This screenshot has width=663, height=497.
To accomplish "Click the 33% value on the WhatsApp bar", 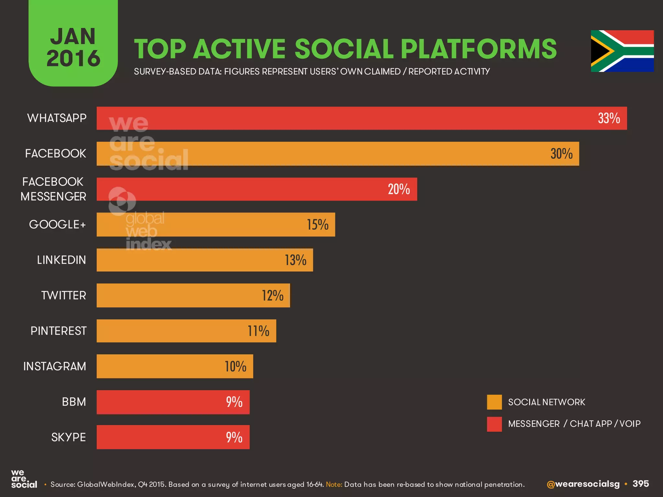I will [x=609, y=118].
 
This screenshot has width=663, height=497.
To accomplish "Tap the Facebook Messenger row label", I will [x=53, y=189].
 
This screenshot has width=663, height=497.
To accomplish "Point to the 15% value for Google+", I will [x=318, y=225].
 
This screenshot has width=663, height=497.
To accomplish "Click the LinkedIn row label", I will [x=62, y=260].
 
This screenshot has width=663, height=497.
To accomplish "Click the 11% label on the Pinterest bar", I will [x=258, y=331].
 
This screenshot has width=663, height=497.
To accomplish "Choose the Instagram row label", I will [x=55, y=366].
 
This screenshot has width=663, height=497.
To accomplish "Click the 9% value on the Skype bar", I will [x=234, y=437].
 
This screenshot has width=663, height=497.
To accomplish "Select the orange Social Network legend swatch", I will [x=494, y=402].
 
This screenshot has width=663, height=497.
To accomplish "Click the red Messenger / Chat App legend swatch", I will [x=494, y=424].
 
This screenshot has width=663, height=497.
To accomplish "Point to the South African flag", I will [x=622, y=51].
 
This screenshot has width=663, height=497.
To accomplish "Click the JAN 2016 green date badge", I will [x=73, y=45].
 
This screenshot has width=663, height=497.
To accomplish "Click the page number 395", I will [x=641, y=484].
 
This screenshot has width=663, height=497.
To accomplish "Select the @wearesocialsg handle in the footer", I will [x=583, y=484].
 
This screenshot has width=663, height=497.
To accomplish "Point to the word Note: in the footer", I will [x=334, y=484].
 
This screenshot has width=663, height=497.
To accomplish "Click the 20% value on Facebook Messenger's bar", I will [x=399, y=189].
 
